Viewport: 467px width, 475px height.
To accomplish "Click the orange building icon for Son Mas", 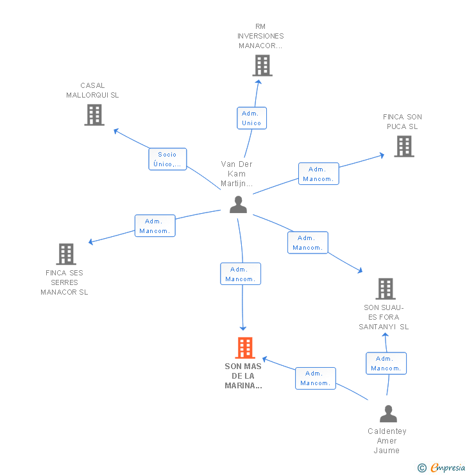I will [x=244, y=348].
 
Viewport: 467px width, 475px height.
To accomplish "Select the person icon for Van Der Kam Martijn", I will [x=238, y=204].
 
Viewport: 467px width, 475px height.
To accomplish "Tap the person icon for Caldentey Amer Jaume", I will [x=388, y=414].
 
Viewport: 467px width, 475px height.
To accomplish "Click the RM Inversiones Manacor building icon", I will [x=262, y=65].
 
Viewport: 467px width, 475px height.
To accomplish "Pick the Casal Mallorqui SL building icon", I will [x=94, y=115].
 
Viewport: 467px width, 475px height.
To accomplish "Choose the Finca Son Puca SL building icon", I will [x=403, y=146].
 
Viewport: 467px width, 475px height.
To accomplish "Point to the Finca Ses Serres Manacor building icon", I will [x=65, y=254].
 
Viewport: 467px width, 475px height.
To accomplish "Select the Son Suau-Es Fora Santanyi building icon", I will [x=385, y=289].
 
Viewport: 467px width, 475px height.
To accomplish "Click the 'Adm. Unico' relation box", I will [x=251, y=118].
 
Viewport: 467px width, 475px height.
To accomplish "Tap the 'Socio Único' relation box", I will [x=167, y=159].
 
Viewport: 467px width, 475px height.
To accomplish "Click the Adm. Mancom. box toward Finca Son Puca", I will [x=318, y=174].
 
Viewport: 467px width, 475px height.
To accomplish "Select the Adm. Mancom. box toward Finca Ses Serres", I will [x=155, y=226].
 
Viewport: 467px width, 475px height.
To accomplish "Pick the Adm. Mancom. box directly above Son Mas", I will [x=241, y=274].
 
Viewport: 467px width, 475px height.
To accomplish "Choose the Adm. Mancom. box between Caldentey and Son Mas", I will [x=315, y=378].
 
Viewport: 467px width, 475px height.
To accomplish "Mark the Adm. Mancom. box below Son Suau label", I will [x=386, y=363].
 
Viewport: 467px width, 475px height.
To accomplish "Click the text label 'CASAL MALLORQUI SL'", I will [x=92, y=91].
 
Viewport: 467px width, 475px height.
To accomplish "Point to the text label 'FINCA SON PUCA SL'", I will [x=402, y=122].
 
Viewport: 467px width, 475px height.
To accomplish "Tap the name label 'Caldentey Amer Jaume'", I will [x=387, y=441].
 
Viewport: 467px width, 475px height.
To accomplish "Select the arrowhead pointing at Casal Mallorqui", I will [x=116, y=130].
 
